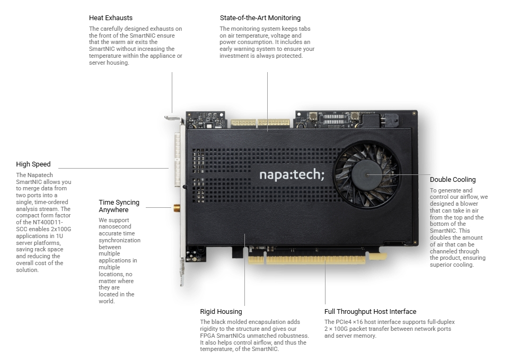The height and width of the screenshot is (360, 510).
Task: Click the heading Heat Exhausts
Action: point(111,18)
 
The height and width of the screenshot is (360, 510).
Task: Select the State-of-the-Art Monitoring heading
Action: point(260,18)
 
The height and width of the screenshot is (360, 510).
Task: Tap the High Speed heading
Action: point(33,164)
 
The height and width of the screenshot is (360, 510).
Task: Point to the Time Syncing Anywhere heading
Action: point(119,206)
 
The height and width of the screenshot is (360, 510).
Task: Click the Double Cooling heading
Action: point(453,180)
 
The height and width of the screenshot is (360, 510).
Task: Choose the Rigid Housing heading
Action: point(221,312)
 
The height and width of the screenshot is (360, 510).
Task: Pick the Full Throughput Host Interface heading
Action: point(370,312)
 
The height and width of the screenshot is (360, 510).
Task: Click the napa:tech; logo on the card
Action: point(291,174)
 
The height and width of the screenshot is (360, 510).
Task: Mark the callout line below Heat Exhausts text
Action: point(172,90)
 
